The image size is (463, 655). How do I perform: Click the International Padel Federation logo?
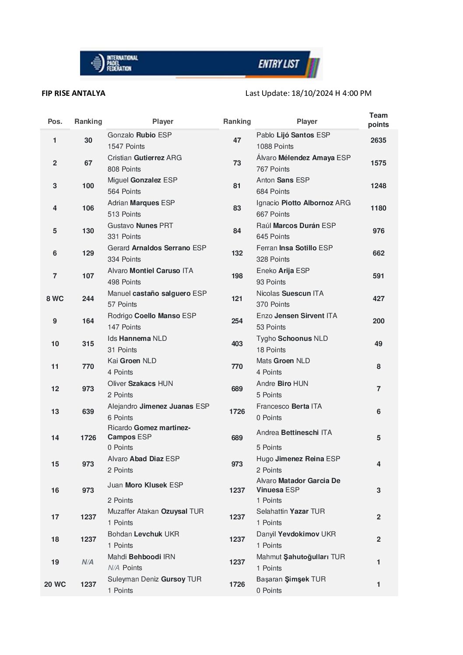pyautogui.click(x=114, y=63)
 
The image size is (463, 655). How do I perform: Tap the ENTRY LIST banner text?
pyautogui.click(x=278, y=64)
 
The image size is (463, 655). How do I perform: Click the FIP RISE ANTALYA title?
pyautogui.click(x=74, y=93)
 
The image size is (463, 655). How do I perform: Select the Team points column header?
pyautogui.click(x=378, y=120)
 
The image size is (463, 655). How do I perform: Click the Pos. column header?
pyautogui.click(x=55, y=122)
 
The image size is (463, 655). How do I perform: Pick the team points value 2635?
pyautogui.click(x=378, y=140)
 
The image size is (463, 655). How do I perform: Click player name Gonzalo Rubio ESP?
pyautogui.click(x=140, y=135)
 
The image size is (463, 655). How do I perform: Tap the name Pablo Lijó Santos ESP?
pyautogui.click(x=293, y=135)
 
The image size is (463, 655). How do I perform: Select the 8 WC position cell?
pyautogui.click(x=55, y=299)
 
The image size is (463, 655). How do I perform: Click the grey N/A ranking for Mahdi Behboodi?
pyautogui.click(x=88, y=562)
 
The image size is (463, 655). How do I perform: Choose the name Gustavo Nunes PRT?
pyautogui.click(x=140, y=226)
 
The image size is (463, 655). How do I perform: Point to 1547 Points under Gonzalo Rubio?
pyautogui.click(x=126, y=147)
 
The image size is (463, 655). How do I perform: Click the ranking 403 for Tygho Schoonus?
pyautogui.click(x=237, y=344)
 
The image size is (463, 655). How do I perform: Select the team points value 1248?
pyautogui.click(x=378, y=186)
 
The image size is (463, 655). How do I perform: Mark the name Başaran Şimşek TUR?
pyautogui.click(x=291, y=579)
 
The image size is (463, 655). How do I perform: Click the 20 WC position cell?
pyautogui.click(x=55, y=585)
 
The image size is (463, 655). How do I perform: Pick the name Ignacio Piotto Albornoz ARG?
pyautogui.click(x=303, y=203)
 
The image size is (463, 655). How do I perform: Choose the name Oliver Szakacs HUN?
pyautogui.click(x=140, y=384)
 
